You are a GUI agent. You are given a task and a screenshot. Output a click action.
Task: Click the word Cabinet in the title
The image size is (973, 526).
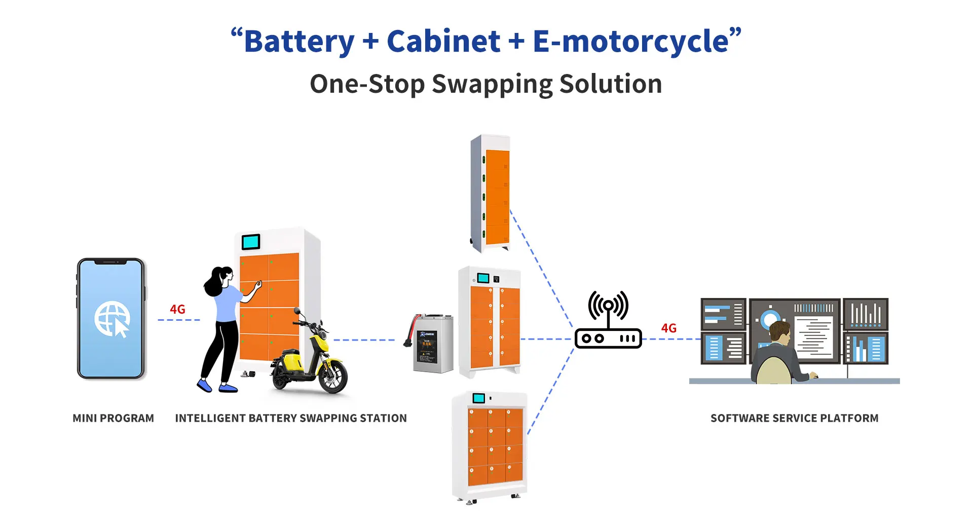pos(443,41)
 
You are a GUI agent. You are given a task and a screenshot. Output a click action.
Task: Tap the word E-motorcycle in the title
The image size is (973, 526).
pos(630,41)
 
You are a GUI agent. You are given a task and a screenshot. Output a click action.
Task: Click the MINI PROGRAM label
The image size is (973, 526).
pos(113,418)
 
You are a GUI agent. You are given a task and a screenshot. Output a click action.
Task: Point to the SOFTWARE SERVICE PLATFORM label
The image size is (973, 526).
pos(794,418)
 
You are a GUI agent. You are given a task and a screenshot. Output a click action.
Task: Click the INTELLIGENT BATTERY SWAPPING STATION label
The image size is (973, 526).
pos(291,418)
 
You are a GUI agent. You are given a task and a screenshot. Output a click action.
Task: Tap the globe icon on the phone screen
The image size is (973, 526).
pos(112,319)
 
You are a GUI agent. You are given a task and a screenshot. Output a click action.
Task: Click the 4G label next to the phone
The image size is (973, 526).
pos(177,309)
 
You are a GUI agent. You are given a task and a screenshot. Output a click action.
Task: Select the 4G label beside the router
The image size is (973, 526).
pos(668,328)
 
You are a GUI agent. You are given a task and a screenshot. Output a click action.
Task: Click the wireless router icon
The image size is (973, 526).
pos(608,322)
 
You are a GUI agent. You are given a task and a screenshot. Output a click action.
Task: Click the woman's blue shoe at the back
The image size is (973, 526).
pos(204,386)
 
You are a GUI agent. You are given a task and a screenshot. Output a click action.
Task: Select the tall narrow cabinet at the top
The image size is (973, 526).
pos(491,193)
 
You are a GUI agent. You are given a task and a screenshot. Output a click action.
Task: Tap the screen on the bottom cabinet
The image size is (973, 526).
pos(478,398)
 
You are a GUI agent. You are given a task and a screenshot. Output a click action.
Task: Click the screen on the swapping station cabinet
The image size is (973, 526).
pos(250,242)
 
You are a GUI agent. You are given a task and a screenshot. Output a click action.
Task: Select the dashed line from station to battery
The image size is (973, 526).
pos(364,340)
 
